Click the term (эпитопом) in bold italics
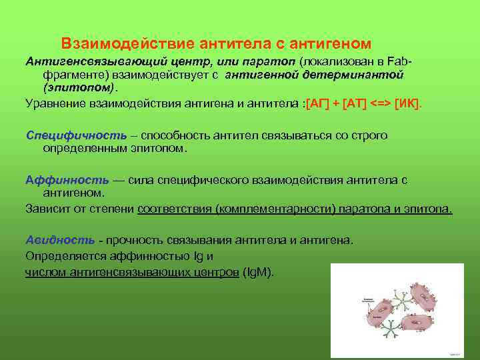click(79, 87)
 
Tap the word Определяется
click(61, 255)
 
